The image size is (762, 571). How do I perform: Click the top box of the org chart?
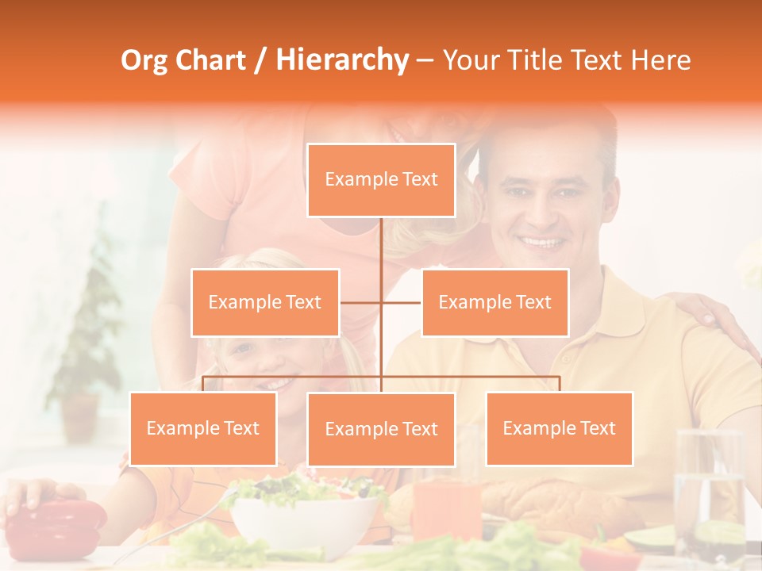click(x=381, y=179)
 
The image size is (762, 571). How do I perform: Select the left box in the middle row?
click(x=265, y=302)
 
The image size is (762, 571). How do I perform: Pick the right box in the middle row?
click(x=495, y=302)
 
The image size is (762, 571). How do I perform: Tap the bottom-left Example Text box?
click(x=203, y=428)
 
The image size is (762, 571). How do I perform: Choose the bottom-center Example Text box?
click(x=381, y=429)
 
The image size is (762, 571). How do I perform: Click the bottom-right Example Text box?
click(x=559, y=428)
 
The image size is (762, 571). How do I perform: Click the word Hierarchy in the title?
click(x=342, y=60)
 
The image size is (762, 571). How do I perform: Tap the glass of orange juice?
click(x=447, y=508)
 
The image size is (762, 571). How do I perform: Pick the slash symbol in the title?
click(x=260, y=60)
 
